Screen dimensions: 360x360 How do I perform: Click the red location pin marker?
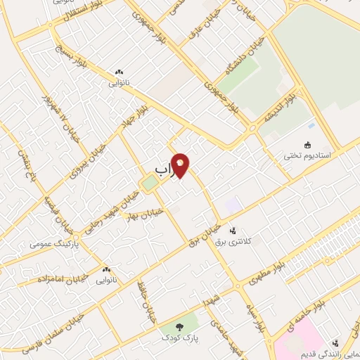181,167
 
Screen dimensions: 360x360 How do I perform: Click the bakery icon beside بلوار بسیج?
118,72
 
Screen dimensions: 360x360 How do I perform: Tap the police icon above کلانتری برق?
233,230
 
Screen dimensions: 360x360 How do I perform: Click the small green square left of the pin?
148,184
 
